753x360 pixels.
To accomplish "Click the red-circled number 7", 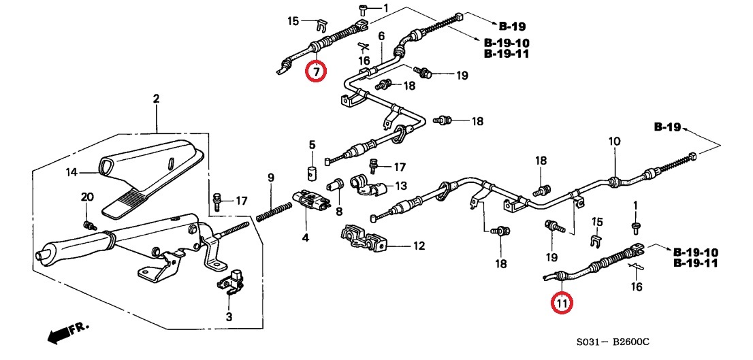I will point(316,69).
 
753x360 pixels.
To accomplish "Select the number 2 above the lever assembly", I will point(156,99).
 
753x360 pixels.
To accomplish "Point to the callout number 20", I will point(86,197).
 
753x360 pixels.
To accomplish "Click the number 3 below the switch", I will point(229,317).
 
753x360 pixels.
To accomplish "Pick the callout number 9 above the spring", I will point(270,178).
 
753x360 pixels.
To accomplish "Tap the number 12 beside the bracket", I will point(419,246).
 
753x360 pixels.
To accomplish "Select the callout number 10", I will point(614,142).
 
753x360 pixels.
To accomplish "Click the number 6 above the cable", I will point(381,36).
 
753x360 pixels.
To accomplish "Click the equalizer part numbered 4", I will point(311,200).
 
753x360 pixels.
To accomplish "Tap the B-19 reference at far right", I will point(667,127).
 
